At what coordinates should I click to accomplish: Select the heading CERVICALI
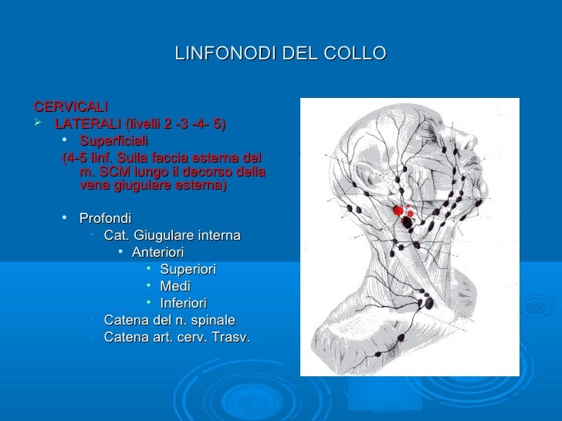click(x=71, y=105)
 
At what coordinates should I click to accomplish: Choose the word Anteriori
click(x=158, y=252)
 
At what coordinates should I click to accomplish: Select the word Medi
click(x=174, y=286)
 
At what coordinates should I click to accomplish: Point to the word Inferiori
click(x=183, y=303)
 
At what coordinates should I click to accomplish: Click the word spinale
click(x=209, y=320)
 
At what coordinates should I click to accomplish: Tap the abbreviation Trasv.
click(x=230, y=336)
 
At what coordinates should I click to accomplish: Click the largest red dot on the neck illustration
click(x=398, y=210)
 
